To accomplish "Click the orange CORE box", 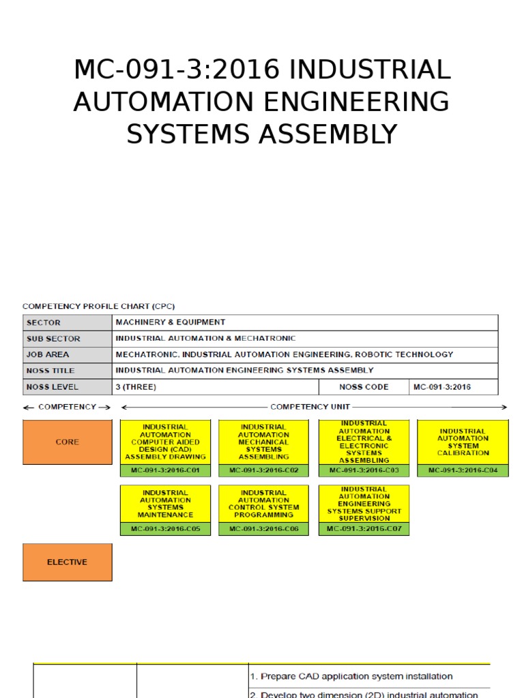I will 67,442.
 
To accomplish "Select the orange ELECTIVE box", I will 67,562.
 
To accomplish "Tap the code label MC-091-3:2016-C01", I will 165,470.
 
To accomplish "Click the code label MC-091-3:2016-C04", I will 463,470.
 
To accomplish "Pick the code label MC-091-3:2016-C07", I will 364,529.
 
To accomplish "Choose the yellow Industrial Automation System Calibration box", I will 463,442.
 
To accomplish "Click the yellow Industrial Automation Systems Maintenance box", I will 165,504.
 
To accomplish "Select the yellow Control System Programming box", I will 263,504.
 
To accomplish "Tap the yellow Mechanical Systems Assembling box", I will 263,442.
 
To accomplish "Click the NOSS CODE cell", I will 364,387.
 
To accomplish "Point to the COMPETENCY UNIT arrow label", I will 310,407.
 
